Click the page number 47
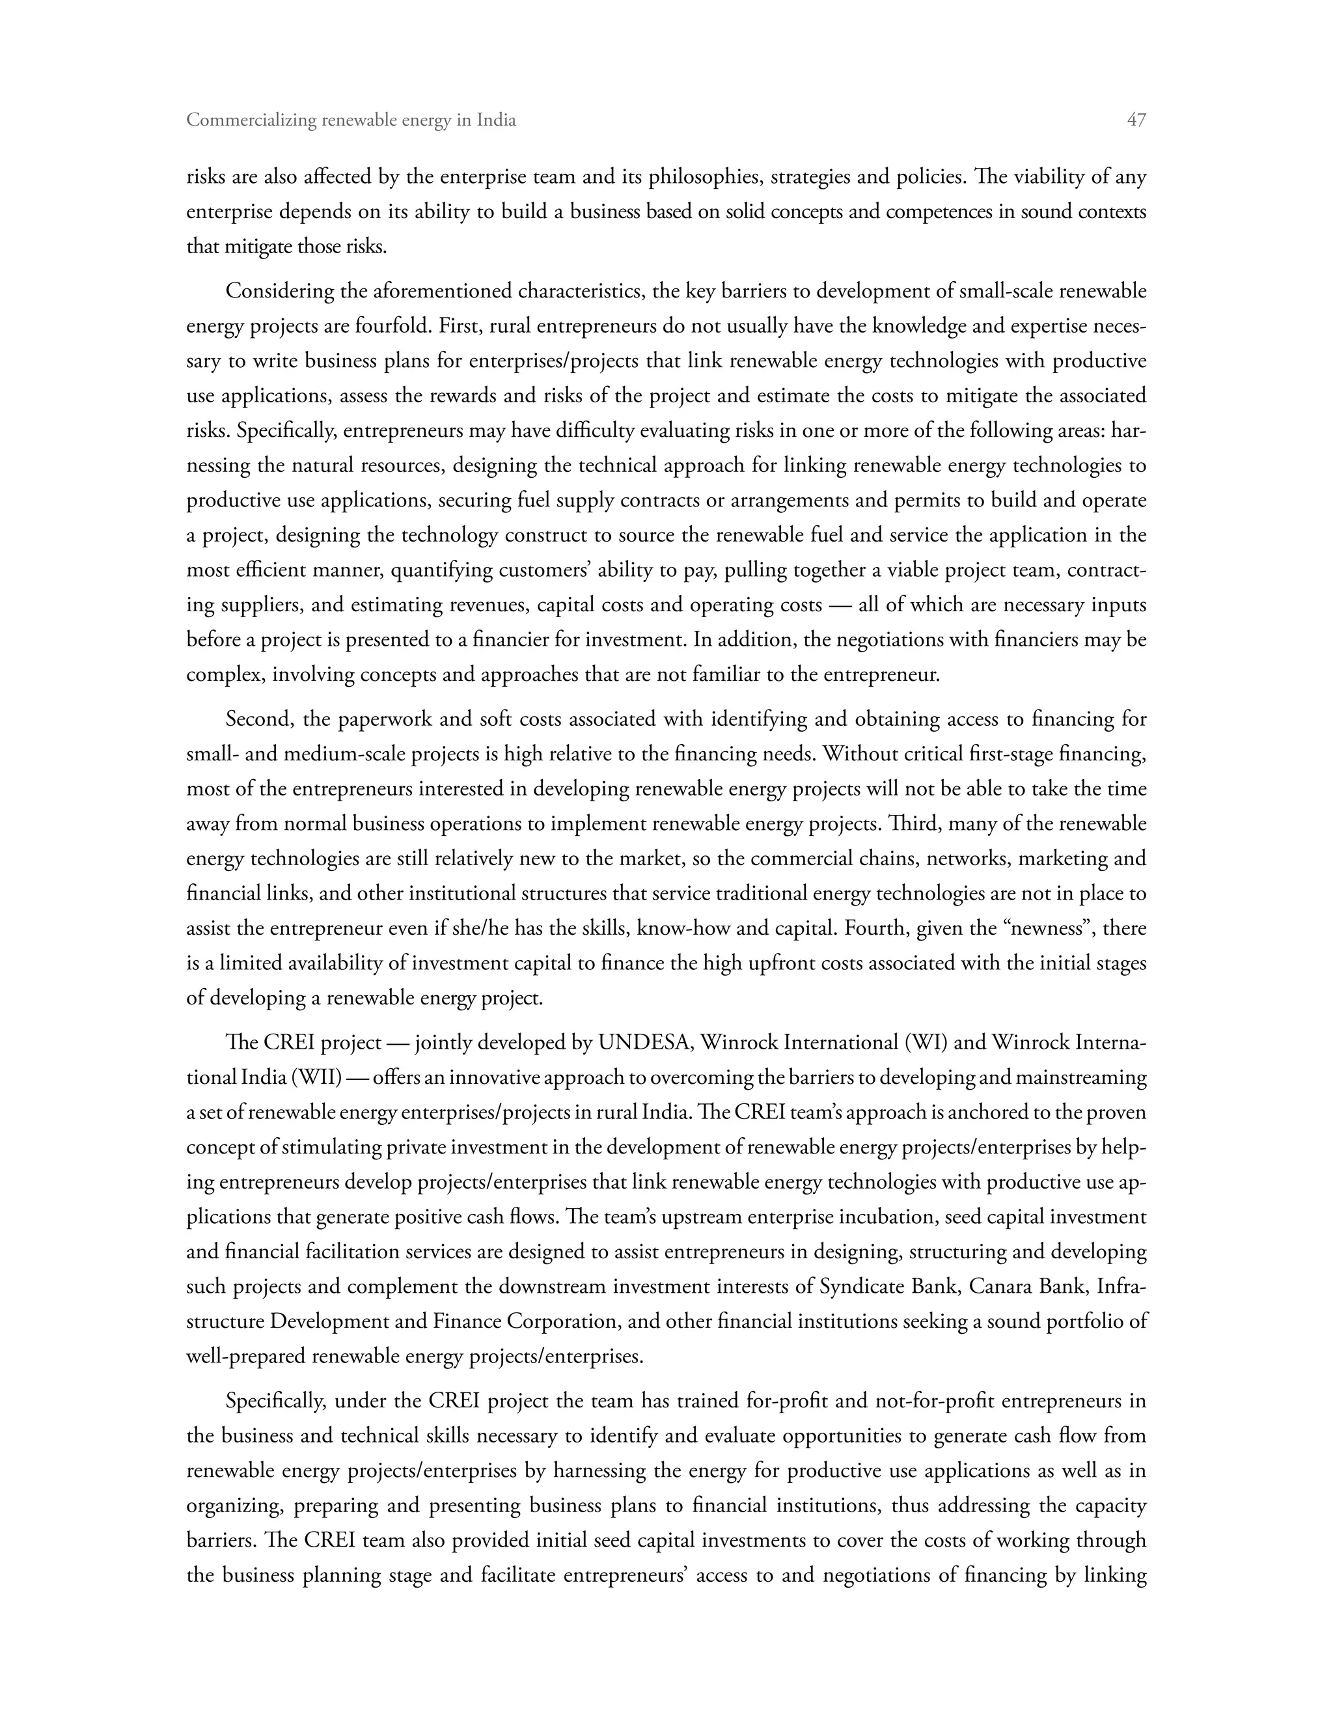[1136, 120]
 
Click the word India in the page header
[497, 120]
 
